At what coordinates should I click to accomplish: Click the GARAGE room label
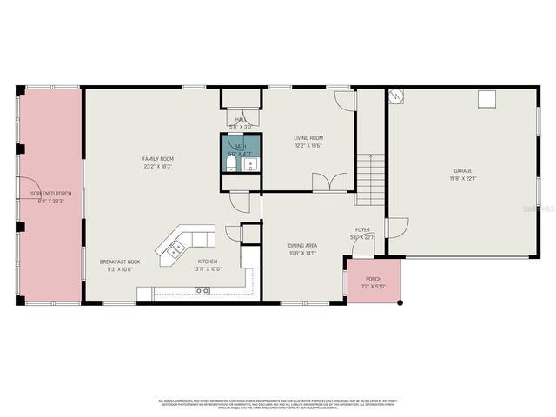462,171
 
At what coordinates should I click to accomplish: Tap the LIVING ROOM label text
308,138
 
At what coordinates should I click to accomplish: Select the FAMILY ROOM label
159,158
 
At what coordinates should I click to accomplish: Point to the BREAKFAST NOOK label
117,261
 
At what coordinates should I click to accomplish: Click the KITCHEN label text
207,261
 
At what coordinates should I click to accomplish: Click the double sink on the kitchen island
175,247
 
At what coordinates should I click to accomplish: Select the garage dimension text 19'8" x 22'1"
462,179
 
